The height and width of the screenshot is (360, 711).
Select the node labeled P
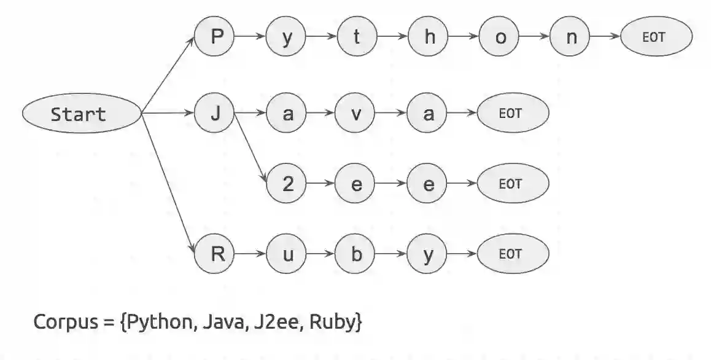point(215,37)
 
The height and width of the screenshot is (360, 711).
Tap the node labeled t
point(357,37)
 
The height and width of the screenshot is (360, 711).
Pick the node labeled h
point(429,37)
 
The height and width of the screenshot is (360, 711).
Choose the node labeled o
point(500,37)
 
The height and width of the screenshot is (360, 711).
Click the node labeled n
point(571,37)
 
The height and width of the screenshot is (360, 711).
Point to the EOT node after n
point(655,37)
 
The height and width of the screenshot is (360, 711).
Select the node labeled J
point(215,114)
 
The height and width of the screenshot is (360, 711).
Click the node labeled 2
point(286,184)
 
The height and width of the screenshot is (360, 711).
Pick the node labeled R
point(215,254)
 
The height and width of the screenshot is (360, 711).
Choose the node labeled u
point(286,254)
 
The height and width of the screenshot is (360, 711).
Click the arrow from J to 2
point(251,148)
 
